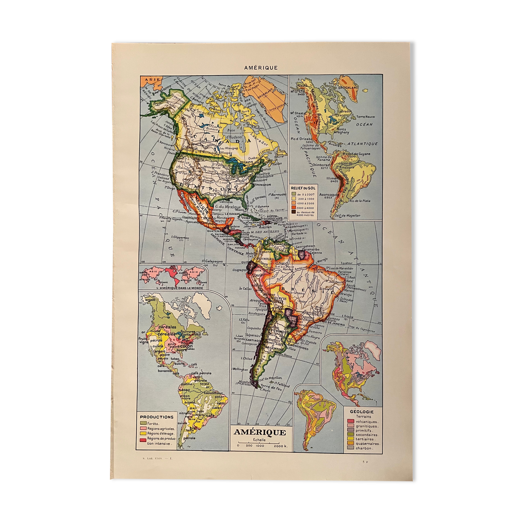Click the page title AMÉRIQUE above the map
click(x=261, y=67)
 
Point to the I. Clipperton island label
click(x=180, y=237)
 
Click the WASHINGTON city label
click(x=262, y=185)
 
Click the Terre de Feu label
click(x=270, y=387)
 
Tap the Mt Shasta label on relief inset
click(x=298, y=113)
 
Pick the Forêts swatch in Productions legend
click(x=143, y=424)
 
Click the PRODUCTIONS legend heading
click(x=157, y=417)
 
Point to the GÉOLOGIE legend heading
click(x=361, y=412)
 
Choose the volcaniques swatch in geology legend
click(x=350, y=421)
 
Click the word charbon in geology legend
click(x=364, y=448)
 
